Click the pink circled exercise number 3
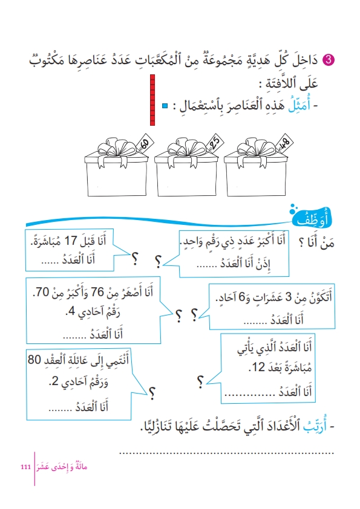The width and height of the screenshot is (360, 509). (328, 60)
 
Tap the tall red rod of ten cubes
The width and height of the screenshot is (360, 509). (152, 100)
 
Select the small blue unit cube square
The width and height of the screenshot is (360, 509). (165, 106)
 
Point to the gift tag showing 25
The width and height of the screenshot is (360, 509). (215, 142)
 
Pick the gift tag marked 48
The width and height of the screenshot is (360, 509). (284, 143)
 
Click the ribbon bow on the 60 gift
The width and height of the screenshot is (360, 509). (116, 148)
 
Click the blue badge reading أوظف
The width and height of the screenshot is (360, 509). (312, 218)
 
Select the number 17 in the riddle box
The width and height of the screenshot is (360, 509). (71, 241)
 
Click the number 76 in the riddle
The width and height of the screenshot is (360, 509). (97, 292)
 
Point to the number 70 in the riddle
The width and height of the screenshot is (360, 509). (41, 292)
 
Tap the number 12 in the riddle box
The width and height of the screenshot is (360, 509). (258, 367)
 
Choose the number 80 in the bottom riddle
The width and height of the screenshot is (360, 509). (34, 360)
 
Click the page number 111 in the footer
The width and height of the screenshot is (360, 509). (25, 467)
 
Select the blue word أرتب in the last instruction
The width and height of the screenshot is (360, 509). (315, 426)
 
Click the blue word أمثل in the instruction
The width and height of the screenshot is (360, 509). (299, 105)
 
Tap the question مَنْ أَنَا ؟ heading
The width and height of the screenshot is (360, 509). (316, 242)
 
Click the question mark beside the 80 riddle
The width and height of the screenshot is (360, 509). (151, 393)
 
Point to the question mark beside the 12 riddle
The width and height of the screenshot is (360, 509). (200, 382)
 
